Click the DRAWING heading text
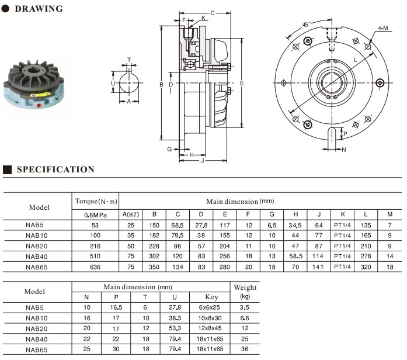pyautogui.click(x=39, y=9)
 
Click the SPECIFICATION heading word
pyautogui.click(x=55, y=169)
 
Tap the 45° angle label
pyautogui.click(x=307, y=25)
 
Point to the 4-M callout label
pyautogui.click(x=383, y=27)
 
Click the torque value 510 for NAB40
pyautogui.click(x=95, y=256)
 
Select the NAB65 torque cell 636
pyautogui.click(x=95, y=267)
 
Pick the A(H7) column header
pyautogui.click(x=131, y=214)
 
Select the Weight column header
pyautogui.click(x=245, y=288)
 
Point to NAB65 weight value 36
pyautogui.click(x=245, y=349)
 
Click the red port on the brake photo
pyautogui.click(x=39, y=106)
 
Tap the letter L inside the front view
pyautogui.click(x=355, y=60)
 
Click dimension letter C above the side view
pyautogui.click(x=212, y=12)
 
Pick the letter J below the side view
pyautogui.click(x=202, y=160)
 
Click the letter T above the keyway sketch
pyautogui.click(x=129, y=60)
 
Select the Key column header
pyautogui.click(x=212, y=297)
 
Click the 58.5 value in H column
pyautogui.click(x=295, y=256)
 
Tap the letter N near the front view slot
pyautogui.click(x=343, y=150)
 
